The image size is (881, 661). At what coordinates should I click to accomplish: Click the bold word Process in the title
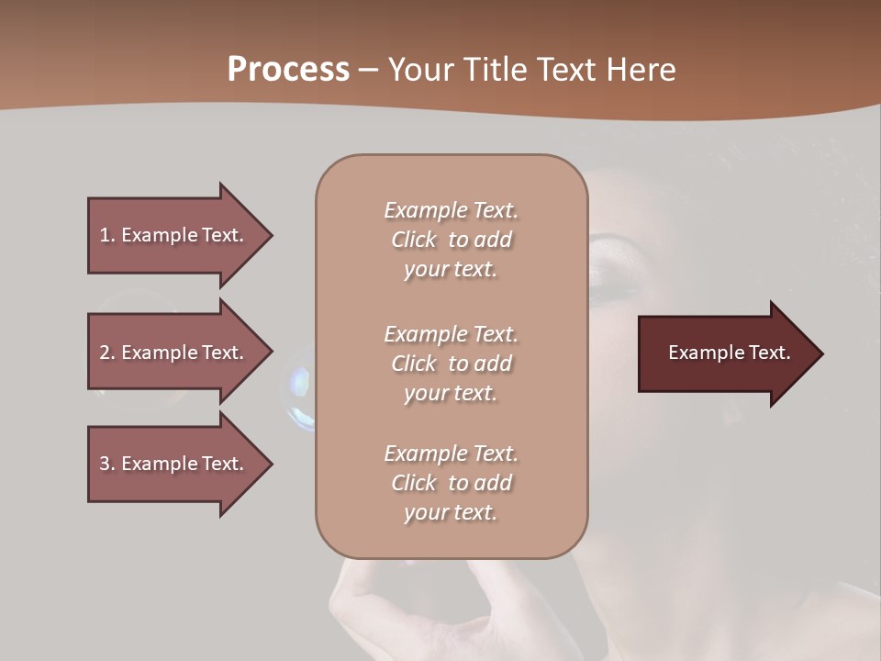[x=288, y=70]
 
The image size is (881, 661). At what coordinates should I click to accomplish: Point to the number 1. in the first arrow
[x=107, y=235]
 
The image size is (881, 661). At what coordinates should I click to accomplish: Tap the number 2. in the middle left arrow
[x=107, y=353]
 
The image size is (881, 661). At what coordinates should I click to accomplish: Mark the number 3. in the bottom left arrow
[x=107, y=464]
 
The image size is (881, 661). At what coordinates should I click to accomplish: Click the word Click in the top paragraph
[x=414, y=241]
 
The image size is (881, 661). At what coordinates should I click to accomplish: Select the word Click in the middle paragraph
[x=414, y=364]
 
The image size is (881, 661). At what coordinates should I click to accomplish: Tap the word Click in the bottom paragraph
[x=414, y=483]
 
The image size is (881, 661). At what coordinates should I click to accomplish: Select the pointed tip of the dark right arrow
[x=820, y=353]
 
